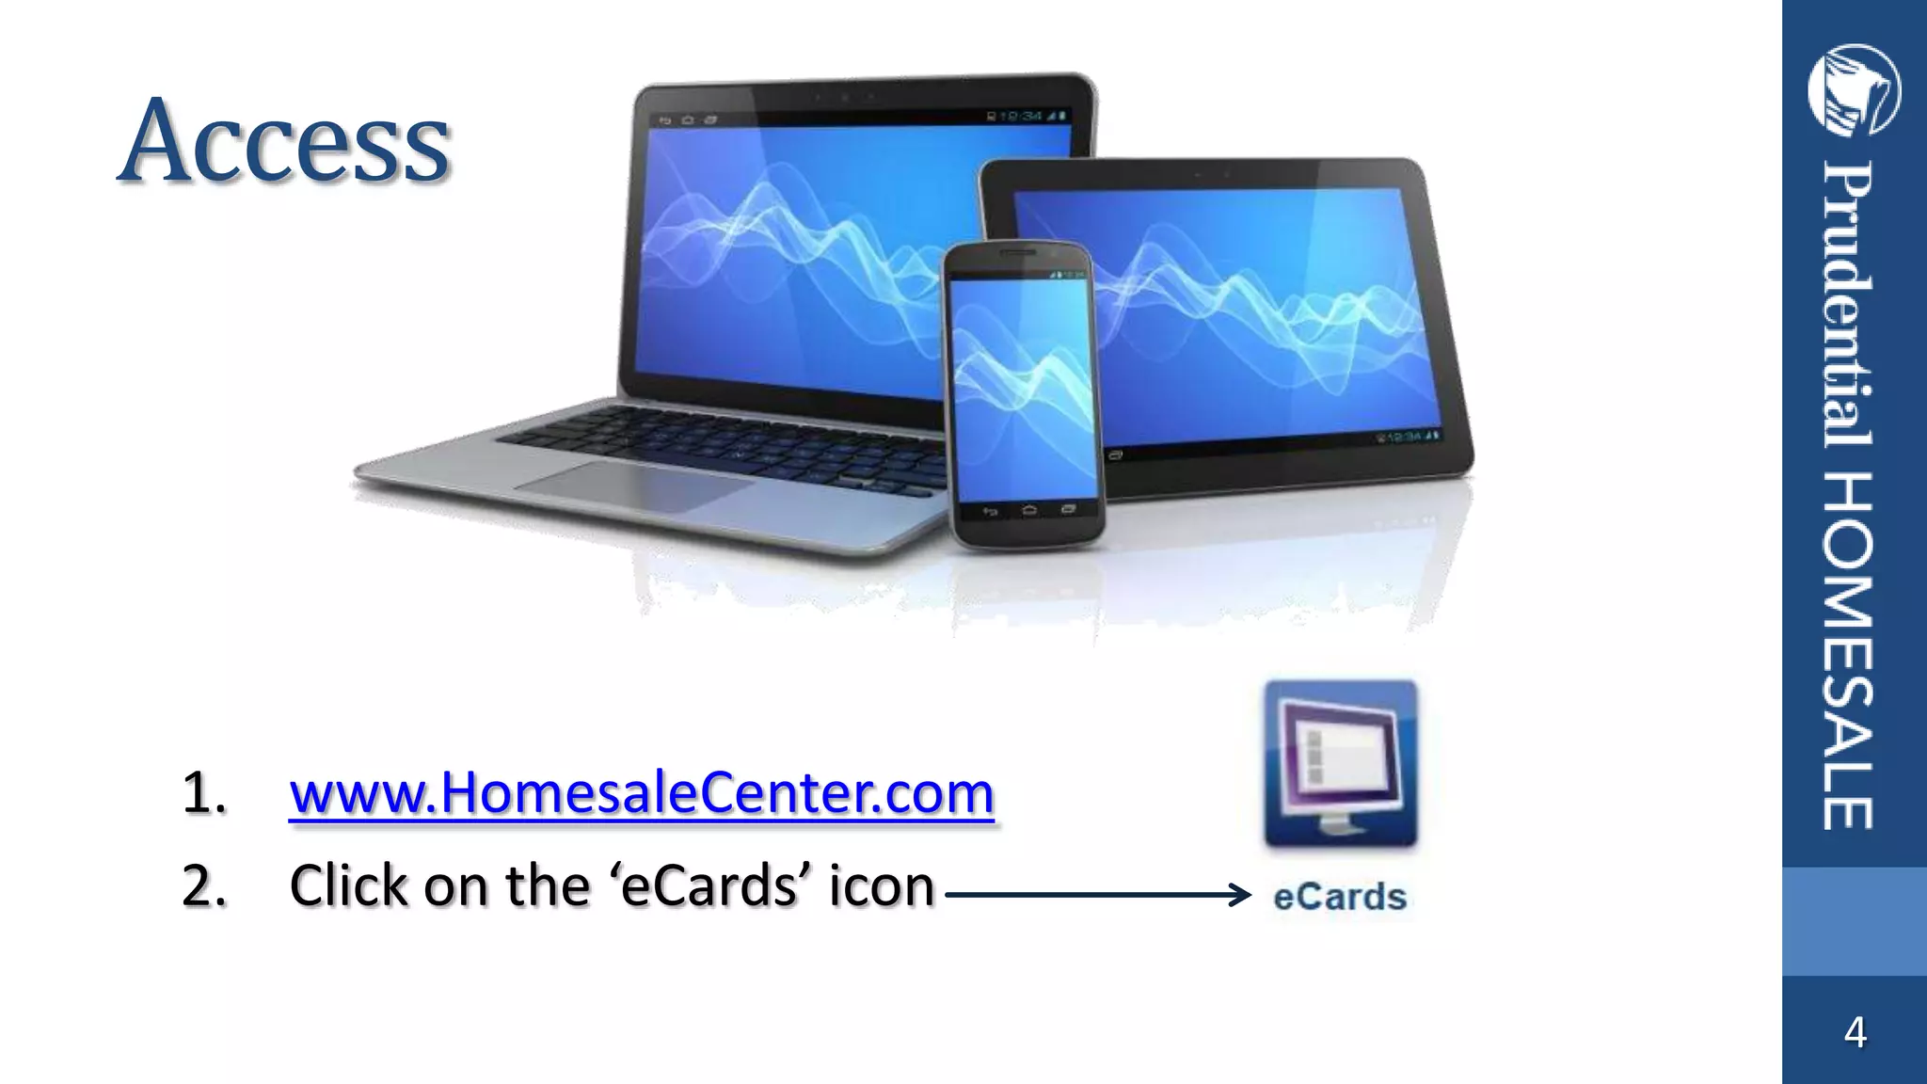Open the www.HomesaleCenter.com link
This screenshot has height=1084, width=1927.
tap(641, 792)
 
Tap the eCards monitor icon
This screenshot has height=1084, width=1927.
tap(1340, 763)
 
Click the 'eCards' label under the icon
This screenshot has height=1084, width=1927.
tap(1340, 897)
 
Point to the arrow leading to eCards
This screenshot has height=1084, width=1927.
tap(1097, 895)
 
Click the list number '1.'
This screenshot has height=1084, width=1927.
tap(204, 792)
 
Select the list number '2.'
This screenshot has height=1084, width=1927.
tap(204, 885)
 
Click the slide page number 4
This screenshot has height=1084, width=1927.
tap(1855, 1032)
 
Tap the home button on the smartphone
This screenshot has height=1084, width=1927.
tap(1028, 510)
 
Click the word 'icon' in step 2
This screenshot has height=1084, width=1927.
tap(881, 885)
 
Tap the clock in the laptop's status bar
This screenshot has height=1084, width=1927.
tap(1021, 116)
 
